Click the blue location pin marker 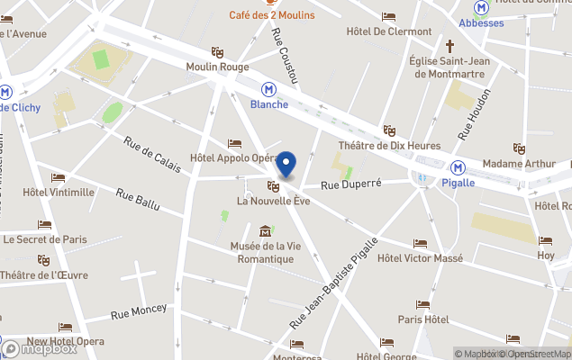point(286,165)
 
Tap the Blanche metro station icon point(268,89)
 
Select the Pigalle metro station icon point(459,167)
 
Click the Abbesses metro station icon point(482,7)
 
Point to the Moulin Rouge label point(218,67)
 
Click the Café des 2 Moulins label point(271,14)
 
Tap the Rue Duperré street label point(351,183)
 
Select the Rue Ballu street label point(138,199)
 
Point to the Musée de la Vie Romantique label point(262,253)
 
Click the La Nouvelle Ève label point(274,201)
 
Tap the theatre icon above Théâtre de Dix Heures point(389,130)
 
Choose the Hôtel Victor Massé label point(420,258)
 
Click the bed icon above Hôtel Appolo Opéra point(235,143)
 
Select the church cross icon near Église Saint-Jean point(449,45)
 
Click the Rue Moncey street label point(139,311)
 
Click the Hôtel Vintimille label point(59,192)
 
